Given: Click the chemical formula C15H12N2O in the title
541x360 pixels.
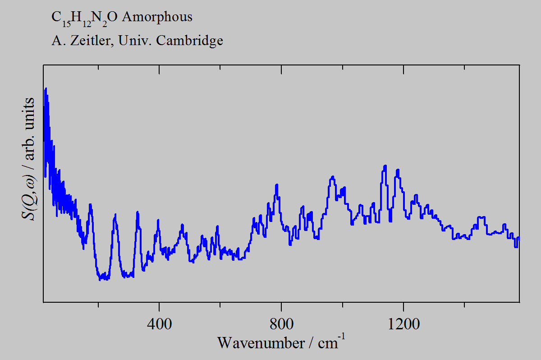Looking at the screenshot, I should pos(84,18).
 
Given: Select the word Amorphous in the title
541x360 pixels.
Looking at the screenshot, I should pos(157,17).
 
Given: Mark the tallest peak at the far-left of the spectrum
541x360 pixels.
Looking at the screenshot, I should pos(46,89).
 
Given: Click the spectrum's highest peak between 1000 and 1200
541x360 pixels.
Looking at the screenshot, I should pos(385,166).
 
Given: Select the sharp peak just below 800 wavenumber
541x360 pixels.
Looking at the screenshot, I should pos(276,185).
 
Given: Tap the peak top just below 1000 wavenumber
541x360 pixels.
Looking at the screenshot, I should pos(333,177).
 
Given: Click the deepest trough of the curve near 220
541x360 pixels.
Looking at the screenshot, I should pos(101,279).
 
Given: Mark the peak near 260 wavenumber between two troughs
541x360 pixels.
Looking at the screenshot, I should pos(115,216).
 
